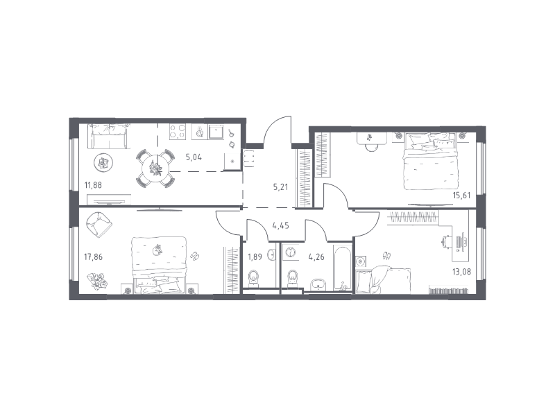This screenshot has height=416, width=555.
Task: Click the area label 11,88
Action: [x=93, y=185]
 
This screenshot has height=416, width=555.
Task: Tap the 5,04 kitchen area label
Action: [x=194, y=157]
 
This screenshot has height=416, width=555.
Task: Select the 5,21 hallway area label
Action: [x=280, y=187]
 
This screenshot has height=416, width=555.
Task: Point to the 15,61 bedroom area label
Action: [x=461, y=196]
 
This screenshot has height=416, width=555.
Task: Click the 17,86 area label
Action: [x=93, y=257]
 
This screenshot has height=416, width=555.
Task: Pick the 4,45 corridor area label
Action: [x=280, y=225]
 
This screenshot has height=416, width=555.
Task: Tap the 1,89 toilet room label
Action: [x=255, y=257]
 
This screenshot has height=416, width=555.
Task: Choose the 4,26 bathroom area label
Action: [x=316, y=257]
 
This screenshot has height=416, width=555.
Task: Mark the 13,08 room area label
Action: [x=461, y=272]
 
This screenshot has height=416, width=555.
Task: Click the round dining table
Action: [x=155, y=168]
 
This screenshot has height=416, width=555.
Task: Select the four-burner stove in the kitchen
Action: [x=178, y=131]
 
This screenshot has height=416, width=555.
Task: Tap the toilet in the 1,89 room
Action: [x=254, y=279]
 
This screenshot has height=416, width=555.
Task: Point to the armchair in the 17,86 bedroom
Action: [x=99, y=225]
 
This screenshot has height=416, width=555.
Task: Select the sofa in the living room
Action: [x=109, y=137]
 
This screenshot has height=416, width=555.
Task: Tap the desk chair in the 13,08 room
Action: [x=447, y=243]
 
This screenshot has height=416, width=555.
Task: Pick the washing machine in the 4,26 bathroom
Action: [x=290, y=252]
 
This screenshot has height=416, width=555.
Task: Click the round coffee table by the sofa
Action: [x=103, y=163]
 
